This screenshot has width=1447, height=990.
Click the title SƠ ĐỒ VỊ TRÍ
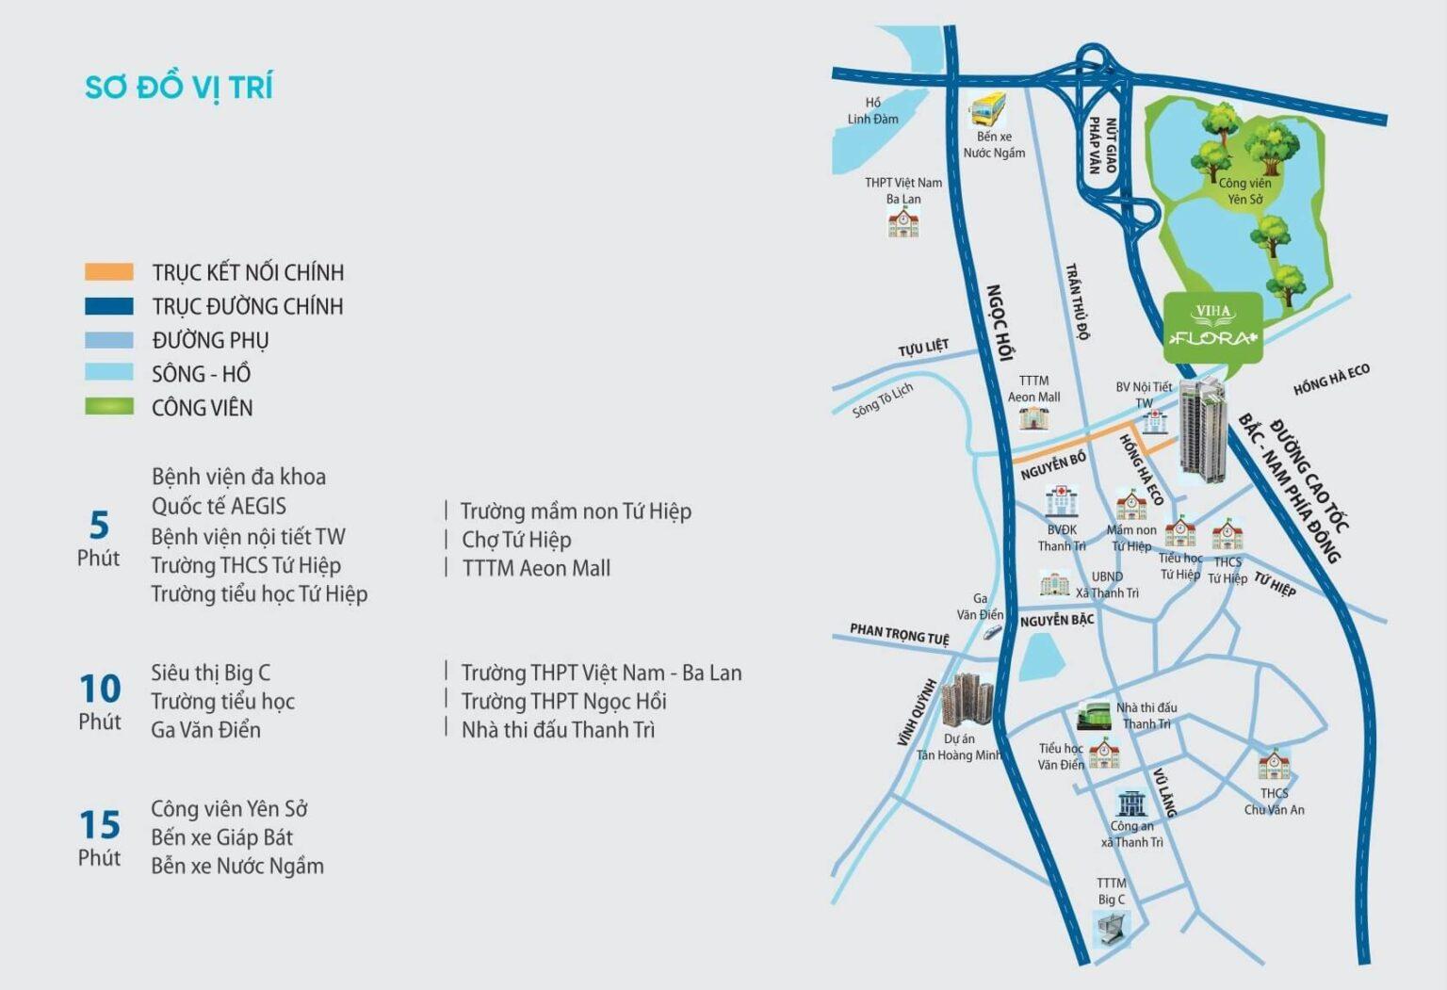click(179, 87)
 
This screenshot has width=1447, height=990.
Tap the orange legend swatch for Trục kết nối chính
click(109, 272)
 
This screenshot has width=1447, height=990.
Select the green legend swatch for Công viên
click(109, 407)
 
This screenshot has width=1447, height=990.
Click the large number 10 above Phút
click(100, 689)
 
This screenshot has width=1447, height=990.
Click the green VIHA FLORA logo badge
click(1212, 327)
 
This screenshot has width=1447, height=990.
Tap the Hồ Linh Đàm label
click(872, 111)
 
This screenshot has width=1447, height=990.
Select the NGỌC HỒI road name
click(999, 322)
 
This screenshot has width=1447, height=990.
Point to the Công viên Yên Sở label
click(1244, 190)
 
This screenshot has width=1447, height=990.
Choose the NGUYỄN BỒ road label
click(1053, 464)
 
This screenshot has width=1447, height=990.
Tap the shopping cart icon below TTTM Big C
click(1112, 929)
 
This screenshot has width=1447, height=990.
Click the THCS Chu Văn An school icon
click(1274, 765)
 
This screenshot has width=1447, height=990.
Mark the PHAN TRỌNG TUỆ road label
click(899, 634)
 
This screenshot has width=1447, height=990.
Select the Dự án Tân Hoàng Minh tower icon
click(967, 700)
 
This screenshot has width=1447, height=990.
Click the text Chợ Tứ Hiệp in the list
click(516, 540)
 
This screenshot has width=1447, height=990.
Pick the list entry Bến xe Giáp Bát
click(221, 837)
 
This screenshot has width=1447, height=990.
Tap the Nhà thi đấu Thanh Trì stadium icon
click(1094, 716)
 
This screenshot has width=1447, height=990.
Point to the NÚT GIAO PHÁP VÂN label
click(1102, 146)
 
